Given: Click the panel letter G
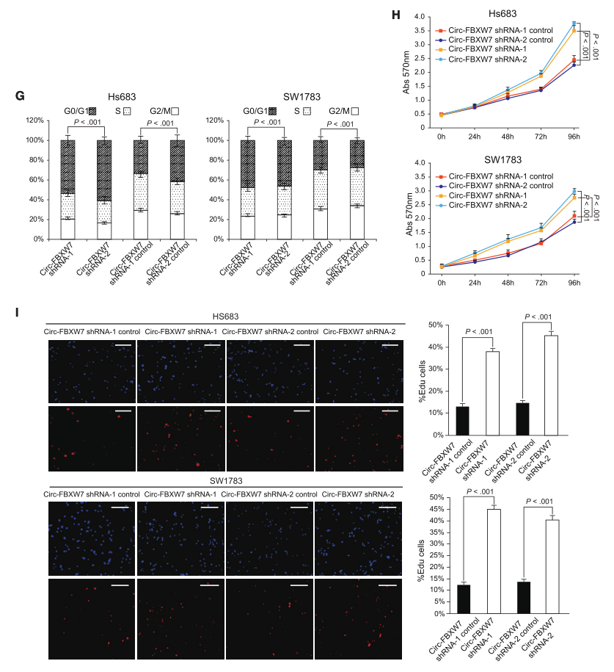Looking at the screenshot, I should tap(20, 96).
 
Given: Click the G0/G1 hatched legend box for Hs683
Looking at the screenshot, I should tap(92, 110).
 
